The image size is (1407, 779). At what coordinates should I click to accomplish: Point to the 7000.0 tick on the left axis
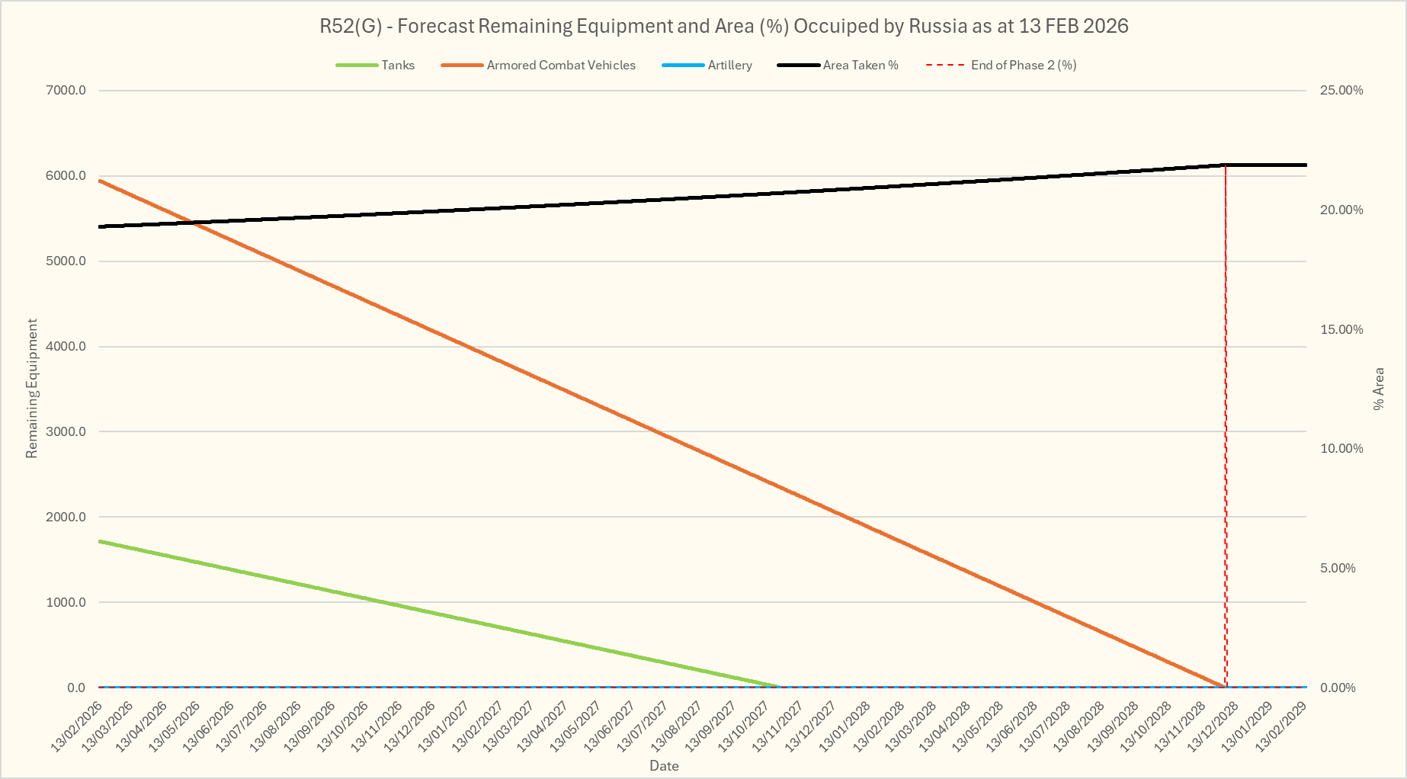(x=66, y=91)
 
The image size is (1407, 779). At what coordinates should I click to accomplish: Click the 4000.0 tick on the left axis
(x=66, y=347)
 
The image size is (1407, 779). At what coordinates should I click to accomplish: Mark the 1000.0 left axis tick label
(x=66, y=602)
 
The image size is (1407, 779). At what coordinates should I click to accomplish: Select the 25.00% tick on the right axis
(x=1341, y=91)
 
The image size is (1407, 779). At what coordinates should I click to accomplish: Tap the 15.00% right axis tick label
(x=1341, y=329)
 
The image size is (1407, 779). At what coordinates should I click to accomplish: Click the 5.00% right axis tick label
(x=1338, y=568)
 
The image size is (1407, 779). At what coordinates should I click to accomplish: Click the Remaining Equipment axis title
(x=32, y=389)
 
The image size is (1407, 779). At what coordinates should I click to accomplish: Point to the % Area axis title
(x=1378, y=389)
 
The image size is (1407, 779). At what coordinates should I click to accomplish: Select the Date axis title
(x=664, y=766)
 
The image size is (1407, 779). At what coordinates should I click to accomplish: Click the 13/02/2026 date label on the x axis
(x=76, y=728)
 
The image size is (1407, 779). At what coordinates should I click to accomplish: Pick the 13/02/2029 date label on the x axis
(x=1282, y=728)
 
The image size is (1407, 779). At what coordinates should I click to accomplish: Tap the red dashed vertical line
(x=1226, y=427)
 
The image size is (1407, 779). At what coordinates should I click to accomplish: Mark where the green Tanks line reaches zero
(x=779, y=687)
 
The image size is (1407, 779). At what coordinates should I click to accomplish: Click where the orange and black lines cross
(x=192, y=223)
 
